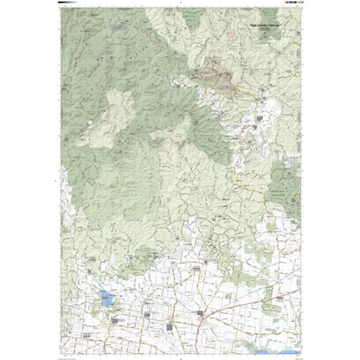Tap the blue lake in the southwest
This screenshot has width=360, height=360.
pyautogui.click(x=106, y=299)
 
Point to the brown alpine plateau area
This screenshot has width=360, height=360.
pyautogui.click(x=217, y=79)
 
